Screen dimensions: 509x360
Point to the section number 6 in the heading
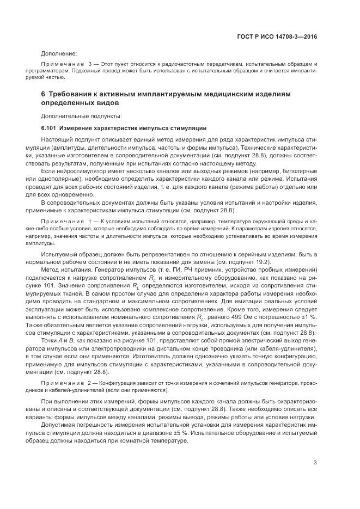pos(43,94)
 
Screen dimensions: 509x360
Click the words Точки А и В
pos(60,341)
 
